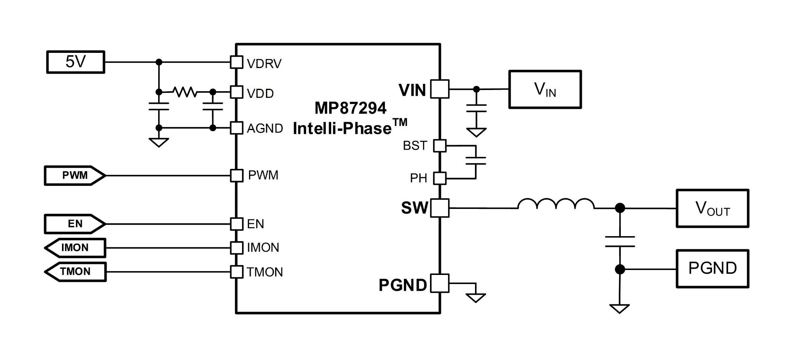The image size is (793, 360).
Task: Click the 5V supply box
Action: click(x=76, y=62)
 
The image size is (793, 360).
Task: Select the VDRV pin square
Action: click(x=236, y=62)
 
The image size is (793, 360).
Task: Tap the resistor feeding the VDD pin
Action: click(x=185, y=92)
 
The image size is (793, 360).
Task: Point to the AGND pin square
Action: click(x=236, y=128)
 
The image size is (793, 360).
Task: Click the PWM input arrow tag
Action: click(x=75, y=175)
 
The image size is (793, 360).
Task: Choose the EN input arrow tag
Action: click(x=75, y=224)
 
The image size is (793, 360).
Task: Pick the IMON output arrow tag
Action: click(x=75, y=248)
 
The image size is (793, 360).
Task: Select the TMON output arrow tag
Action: click(x=75, y=272)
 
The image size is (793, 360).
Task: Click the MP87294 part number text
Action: click(x=350, y=108)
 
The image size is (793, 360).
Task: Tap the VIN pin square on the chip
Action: click(x=439, y=89)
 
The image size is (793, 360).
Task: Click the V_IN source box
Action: click(x=545, y=90)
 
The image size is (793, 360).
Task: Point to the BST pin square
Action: click(x=439, y=146)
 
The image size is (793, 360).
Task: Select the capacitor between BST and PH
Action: click(x=476, y=161)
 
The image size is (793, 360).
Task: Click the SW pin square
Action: click(x=439, y=208)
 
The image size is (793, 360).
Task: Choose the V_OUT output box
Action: click(x=712, y=208)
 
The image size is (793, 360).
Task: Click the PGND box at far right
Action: click(x=712, y=269)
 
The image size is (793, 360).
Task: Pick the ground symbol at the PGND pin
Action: click(x=476, y=297)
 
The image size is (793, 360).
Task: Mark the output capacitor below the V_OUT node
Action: click(x=620, y=242)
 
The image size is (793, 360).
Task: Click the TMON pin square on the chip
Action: click(x=236, y=272)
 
